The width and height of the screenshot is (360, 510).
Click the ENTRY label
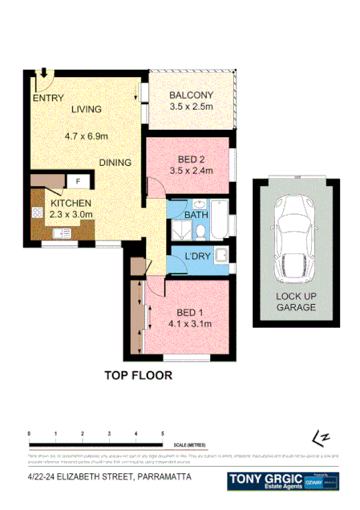48,99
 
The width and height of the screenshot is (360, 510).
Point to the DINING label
115,163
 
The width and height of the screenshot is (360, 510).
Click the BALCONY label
190,98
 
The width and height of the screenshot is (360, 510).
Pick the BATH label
196,217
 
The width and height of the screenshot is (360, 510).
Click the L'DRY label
197,257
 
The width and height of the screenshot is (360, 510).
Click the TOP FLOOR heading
138,374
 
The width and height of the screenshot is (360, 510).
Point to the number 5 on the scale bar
163,434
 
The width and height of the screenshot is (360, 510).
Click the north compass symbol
322,438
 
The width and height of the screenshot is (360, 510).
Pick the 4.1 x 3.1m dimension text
189,325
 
